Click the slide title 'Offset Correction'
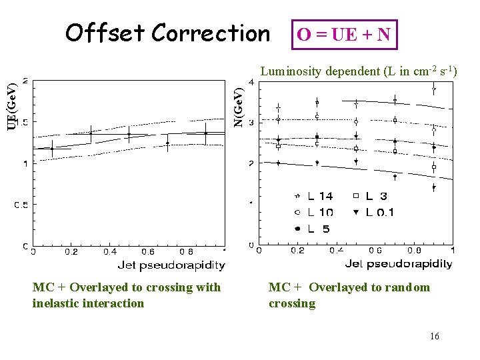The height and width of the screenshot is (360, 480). (x=167, y=32)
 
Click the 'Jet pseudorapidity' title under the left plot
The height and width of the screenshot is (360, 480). (x=171, y=265)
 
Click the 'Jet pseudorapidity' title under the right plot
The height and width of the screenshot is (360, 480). (x=398, y=264)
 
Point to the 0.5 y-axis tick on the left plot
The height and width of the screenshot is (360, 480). (x=21, y=205)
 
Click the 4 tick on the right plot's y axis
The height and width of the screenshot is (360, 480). (x=251, y=81)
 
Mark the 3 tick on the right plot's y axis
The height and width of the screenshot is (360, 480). (x=251, y=123)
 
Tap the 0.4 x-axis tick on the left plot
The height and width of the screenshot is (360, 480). (x=110, y=252)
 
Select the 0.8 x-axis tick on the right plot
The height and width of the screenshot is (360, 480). (x=415, y=251)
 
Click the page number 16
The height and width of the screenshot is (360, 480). (x=434, y=336)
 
